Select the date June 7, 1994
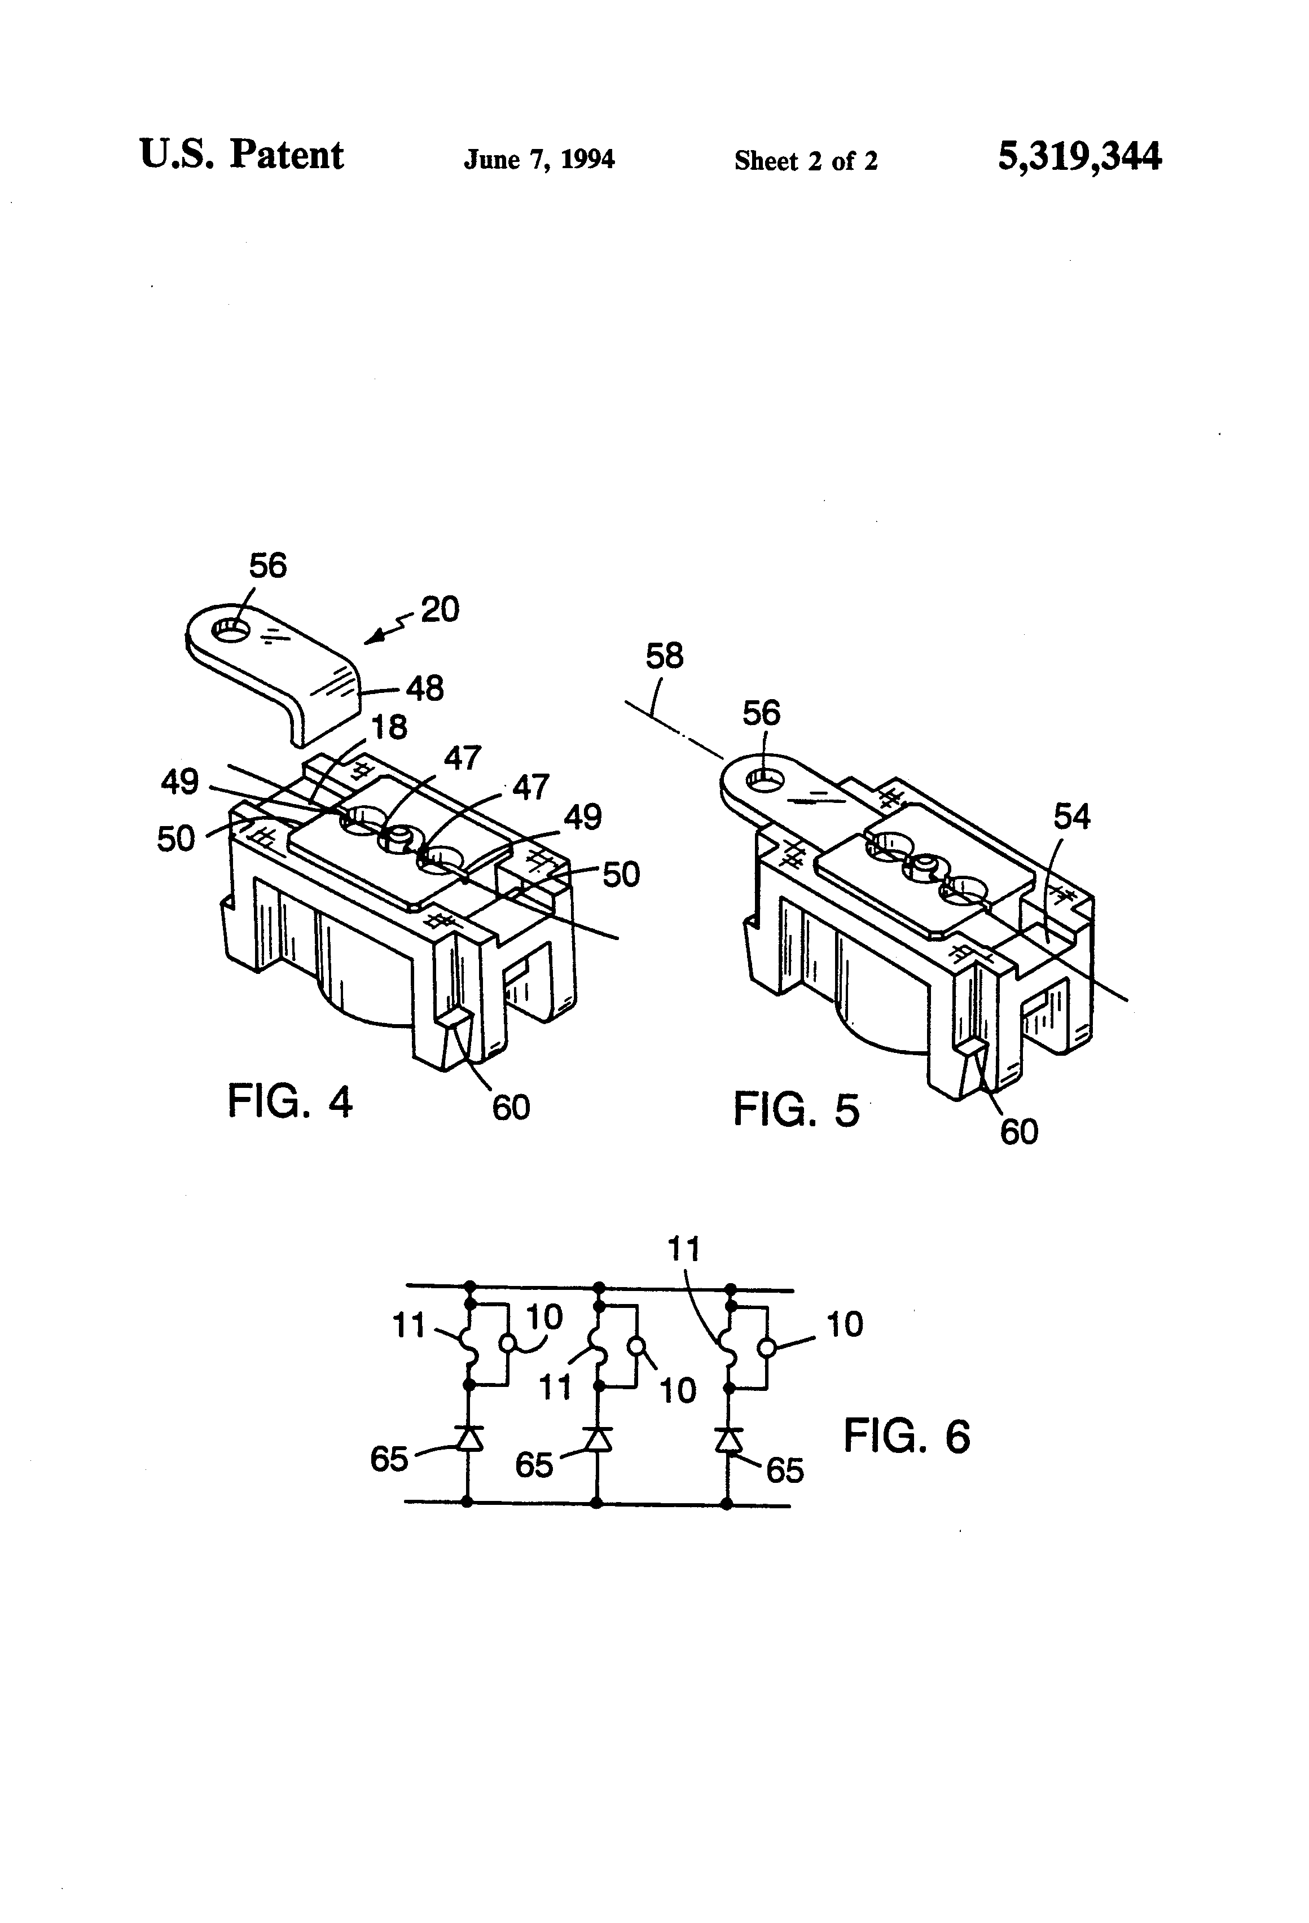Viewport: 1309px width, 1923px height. pos(539,159)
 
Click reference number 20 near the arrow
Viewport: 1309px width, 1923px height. pos(440,610)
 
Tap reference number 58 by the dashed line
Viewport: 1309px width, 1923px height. pos(665,656)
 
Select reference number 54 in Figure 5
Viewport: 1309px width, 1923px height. pos(1071,816)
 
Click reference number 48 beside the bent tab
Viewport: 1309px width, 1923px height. pos(424,688)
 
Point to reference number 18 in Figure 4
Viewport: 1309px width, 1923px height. pos(389,727)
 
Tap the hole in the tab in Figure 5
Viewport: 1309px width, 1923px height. pos(766,779)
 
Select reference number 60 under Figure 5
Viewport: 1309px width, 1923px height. pos(1018,1132)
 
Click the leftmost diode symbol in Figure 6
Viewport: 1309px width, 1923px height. pos(469,1439)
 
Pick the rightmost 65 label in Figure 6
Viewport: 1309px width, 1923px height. pos(784,1470)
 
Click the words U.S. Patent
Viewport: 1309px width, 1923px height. pos(241,155)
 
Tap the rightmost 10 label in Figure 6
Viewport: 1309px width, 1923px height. pos(844,1325)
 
